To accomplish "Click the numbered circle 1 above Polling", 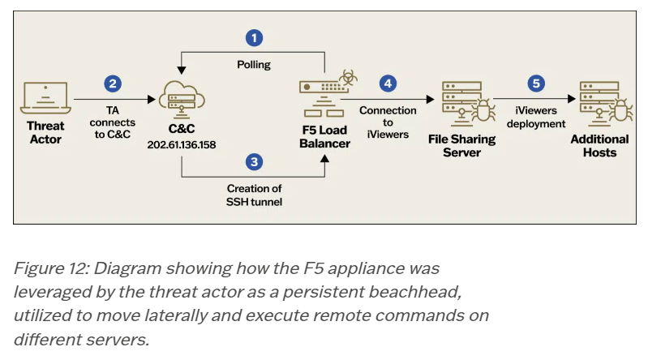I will [x=255, y=38].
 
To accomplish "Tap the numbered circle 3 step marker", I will [x=255, y=162].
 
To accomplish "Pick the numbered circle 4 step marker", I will [x=388, y=83].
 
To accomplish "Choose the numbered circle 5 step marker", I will [x=536, y=83].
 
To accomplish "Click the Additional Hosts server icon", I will [x=599, y=104].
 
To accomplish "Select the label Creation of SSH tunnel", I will [x=255, y=195].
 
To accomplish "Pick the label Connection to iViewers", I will [x=388, y=122].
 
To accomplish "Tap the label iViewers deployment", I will [x=536, y=117].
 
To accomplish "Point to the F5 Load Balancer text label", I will [x=324, y=136].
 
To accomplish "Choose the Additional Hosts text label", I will [x=599, y=145].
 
